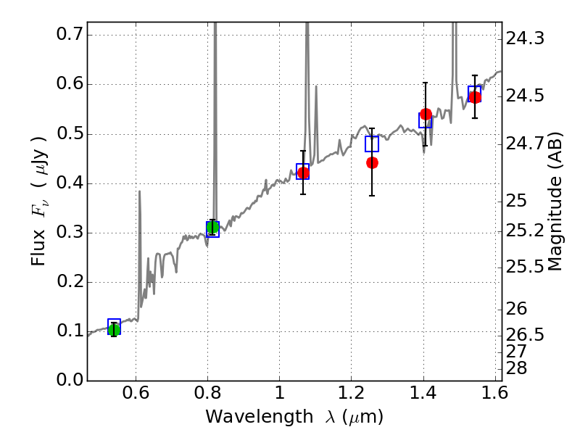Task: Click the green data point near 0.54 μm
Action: coord(114,329)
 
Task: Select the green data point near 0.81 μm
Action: coord(212,228)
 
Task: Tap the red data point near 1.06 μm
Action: coord(303,173)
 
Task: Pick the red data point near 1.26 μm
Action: coord(372,162)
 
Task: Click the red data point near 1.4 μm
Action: coord(426,114)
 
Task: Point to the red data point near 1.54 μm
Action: coord(475,97)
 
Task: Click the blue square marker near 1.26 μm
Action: coord(372,144)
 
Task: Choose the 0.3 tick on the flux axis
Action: coord(67,233)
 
